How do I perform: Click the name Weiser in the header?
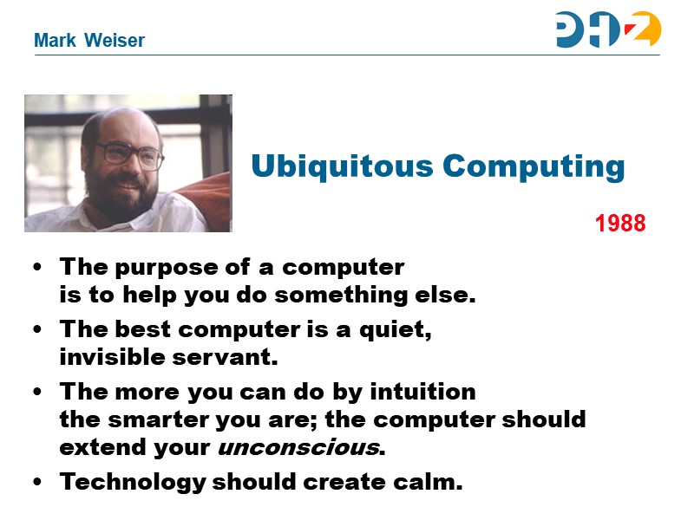pos(115,41)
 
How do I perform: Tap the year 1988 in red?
pos(620,224)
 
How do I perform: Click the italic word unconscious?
pos(298,449)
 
